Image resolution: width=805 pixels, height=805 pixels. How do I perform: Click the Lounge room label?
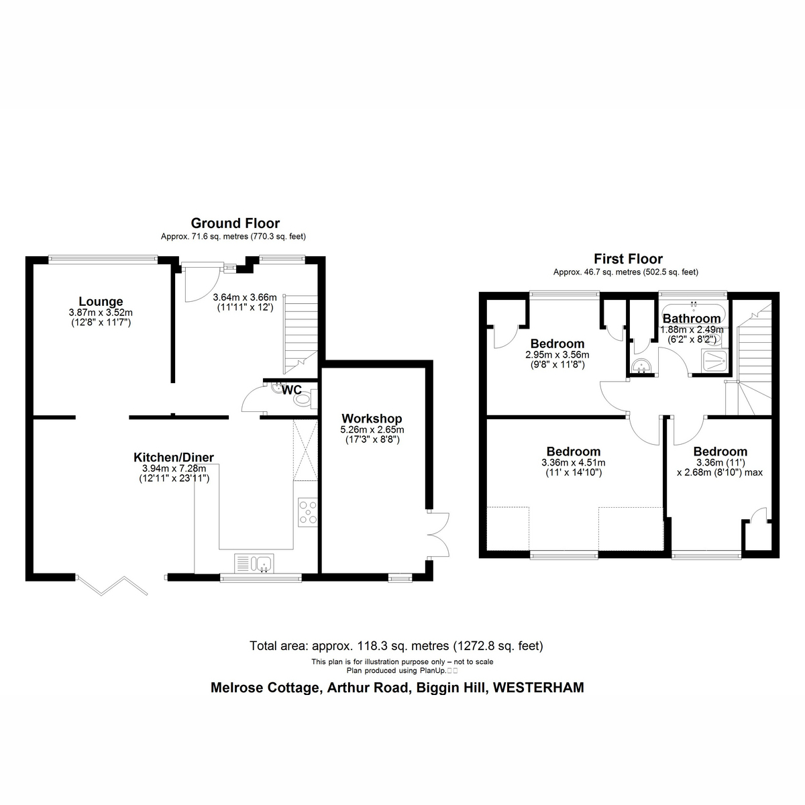pos(101,301)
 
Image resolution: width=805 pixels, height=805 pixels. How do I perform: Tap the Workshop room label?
pos(372,418)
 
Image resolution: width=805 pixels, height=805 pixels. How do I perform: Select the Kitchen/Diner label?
pos(173,458)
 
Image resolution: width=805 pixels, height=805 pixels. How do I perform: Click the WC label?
pos(292,390)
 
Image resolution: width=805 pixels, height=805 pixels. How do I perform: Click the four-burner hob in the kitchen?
pos(307,512)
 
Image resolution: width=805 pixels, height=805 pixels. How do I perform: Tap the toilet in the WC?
pos(305,399)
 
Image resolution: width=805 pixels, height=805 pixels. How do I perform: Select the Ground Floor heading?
pos(235,223)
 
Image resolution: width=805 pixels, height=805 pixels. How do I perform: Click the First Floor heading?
pos(629,258)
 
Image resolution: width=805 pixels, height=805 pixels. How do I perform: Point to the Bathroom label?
pos(692,319)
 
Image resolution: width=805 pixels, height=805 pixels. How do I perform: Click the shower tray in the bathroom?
pos(714,361)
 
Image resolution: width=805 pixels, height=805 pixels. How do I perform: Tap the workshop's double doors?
pos(438,534)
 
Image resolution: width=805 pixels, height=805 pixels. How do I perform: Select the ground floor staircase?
pos(301,334)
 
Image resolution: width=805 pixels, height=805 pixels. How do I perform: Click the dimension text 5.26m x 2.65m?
pos(372,429)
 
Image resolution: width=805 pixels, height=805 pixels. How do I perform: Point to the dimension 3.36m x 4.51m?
pos(573,463)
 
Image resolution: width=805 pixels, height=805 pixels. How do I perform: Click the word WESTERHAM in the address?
pos(539,688)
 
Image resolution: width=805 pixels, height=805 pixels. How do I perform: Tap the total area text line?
pos(396,646)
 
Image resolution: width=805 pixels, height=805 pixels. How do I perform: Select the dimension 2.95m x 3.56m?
pos(557,355)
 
